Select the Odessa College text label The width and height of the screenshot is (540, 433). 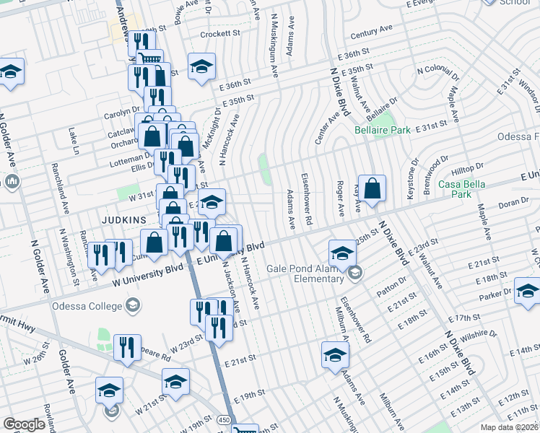[x=86, y=306]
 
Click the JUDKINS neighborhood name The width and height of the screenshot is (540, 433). [x=123, y=219]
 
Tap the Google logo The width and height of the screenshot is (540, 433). [x=25, y=424]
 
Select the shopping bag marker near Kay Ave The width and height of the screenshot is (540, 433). [x=371, y=189]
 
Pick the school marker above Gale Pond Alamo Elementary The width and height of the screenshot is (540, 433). [x=342, y=253]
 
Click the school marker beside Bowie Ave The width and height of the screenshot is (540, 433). [x=201, y=66]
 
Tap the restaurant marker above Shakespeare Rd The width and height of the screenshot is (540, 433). [x=127, y=349]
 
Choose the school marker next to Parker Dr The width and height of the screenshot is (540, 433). [x=527, y=291]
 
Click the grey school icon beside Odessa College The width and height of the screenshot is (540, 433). [x=132, y=306]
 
